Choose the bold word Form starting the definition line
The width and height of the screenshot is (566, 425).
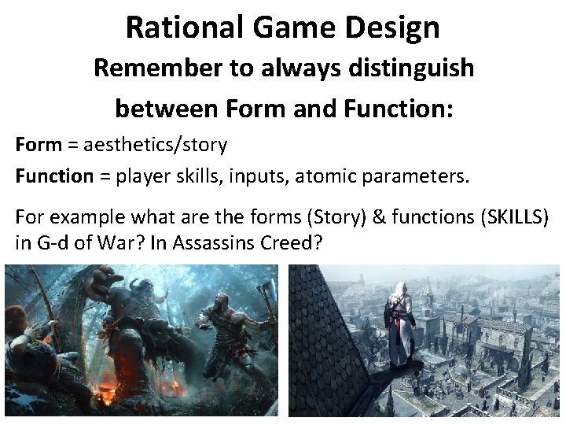pyautogui.click(x=38, y=145)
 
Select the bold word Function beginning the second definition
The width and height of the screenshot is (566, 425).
pyautogui.click(x=54, y=176)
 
